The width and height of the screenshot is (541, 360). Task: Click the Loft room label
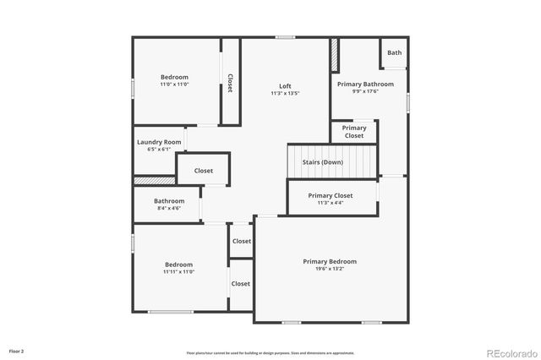[286, 85]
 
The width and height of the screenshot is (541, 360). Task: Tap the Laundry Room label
[159, 142]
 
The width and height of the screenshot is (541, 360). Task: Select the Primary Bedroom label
[330, 262]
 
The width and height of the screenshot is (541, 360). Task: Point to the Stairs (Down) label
[323, 162]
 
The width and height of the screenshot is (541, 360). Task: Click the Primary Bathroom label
[365, 85]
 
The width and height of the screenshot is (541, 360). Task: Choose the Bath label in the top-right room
[395, 52]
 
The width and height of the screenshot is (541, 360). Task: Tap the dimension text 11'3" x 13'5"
[286, 93]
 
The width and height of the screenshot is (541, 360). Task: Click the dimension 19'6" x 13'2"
[330, 270]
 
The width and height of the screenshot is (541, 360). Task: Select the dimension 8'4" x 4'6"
[169, 208]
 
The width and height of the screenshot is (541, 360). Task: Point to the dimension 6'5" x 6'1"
[159, 150]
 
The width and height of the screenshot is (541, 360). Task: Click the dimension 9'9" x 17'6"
[365, 92]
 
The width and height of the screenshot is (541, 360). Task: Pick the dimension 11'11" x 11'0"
[179, 272]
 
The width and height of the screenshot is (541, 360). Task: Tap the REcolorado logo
[510, 352]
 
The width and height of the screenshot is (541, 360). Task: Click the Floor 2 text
[17, 351]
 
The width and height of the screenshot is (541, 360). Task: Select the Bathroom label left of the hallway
[169, 201]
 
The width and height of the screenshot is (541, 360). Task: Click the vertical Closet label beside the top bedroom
[230, 83]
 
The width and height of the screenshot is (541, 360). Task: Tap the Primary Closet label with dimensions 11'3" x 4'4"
[330, 195]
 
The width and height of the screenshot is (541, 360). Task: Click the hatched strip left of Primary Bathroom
[334, 56]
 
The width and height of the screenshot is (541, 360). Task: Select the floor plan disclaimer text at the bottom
[270, 353]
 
